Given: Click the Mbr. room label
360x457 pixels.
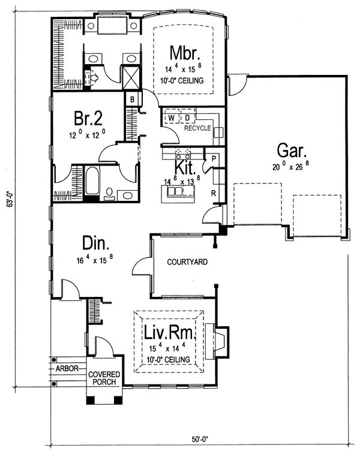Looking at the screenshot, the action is click(x=185, y=53).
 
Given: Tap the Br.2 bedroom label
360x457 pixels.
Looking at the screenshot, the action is click(x=88, y=118).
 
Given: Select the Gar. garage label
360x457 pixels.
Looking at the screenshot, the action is click(x=292, y=151).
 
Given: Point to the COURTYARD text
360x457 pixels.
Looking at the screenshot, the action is click(x=187, y=261).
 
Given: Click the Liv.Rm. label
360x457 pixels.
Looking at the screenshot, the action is click(x=169, y=332).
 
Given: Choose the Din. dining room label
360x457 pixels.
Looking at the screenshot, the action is click(x=95, y=243).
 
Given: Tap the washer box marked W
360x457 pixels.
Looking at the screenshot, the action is click(x=172, y=118).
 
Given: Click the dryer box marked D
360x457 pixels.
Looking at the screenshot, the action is click(x=187, y=118).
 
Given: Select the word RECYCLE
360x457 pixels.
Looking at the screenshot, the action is click(x=197, y=128).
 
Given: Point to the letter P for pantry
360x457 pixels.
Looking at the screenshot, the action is click(x=214, y=159).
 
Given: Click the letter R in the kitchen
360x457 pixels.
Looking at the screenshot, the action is click(x=214, y=193).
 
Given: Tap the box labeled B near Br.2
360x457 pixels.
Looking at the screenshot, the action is click(x=133, y=100).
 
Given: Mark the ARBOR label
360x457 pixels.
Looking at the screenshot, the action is click(x=67, y=368).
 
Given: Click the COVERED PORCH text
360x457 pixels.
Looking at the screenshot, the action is click(x=104, y=378).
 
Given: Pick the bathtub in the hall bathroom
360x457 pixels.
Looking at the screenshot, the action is click(x=92, y=181).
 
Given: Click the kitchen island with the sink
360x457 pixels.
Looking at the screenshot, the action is click(x=178, y=194).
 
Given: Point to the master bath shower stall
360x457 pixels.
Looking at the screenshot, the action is click(x=131, y=77).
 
